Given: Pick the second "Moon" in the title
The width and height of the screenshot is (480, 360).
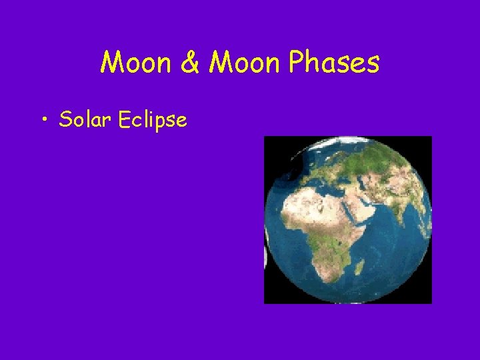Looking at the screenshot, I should (x=243, y=63).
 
